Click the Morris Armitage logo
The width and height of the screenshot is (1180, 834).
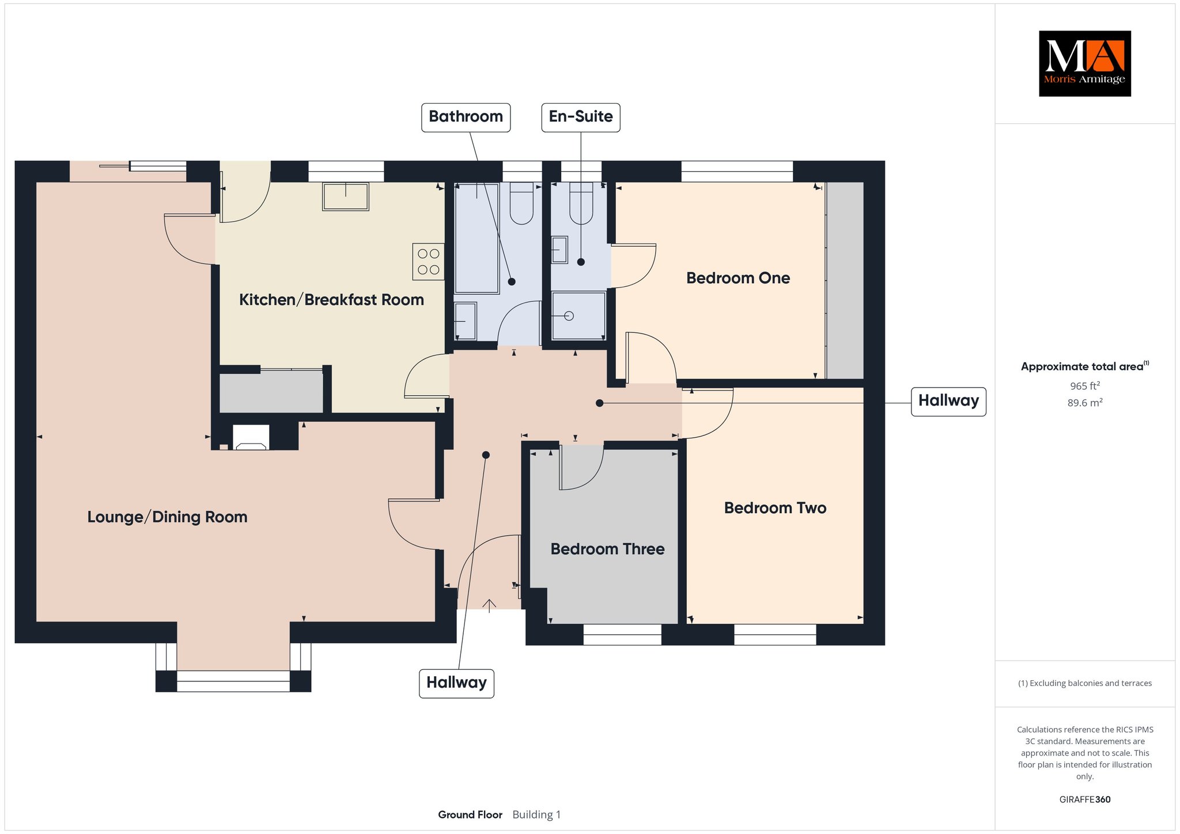pyautogui.click(x=1084, y=63)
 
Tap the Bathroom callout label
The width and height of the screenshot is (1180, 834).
pyautogui.click(x=466, y=117)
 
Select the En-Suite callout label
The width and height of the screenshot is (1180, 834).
pyautogui.click(x=581, y=117)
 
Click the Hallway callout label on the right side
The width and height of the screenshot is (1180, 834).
pyautogui.click(x=948, y=401)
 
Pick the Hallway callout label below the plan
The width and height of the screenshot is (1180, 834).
pyautogui.click(x=456, y=683)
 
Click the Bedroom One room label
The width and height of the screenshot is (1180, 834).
pyautogui.click(x=738, y=278)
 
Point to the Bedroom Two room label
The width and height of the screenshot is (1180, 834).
pyautogui.click(x=775, y=508)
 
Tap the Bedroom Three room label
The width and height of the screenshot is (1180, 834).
pyautogui.click(x=607, y=549)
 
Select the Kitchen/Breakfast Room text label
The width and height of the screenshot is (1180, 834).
pyautogui.click(x=331, y=300)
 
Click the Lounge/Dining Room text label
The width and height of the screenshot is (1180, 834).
pyautogui.click(x=167, y=517)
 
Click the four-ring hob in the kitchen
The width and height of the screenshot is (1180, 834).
pyautogui.click(x=428, y=261)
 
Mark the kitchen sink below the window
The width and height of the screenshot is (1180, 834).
pyautogui.click(x=346, y=196)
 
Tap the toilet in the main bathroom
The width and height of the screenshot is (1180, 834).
pyautogui.click(x=521, y=203)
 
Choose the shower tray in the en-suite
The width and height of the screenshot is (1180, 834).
pyautogui.click(x=578, y=316)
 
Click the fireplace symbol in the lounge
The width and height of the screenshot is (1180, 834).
pyautogui.click(x=251, y=438)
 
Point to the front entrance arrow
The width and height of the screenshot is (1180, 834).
pyautogui.click(x=489, y=605)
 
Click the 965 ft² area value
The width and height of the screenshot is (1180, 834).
pyautogui.click(x=1084, y=386)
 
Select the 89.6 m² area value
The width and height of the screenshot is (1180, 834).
pyautogui.click(x=1084, y=403)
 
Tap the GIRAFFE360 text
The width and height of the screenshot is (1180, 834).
pyautogui.click(x=1084, y=799)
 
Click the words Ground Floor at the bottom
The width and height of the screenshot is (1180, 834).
pyautogui.click(x=470, y=814)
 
